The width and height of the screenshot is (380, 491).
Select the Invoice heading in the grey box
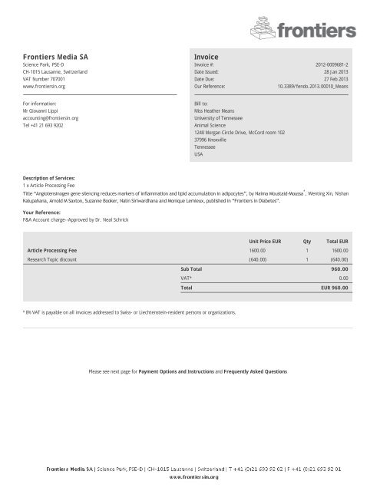point(207,57)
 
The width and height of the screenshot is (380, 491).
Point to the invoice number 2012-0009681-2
point(332,66)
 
